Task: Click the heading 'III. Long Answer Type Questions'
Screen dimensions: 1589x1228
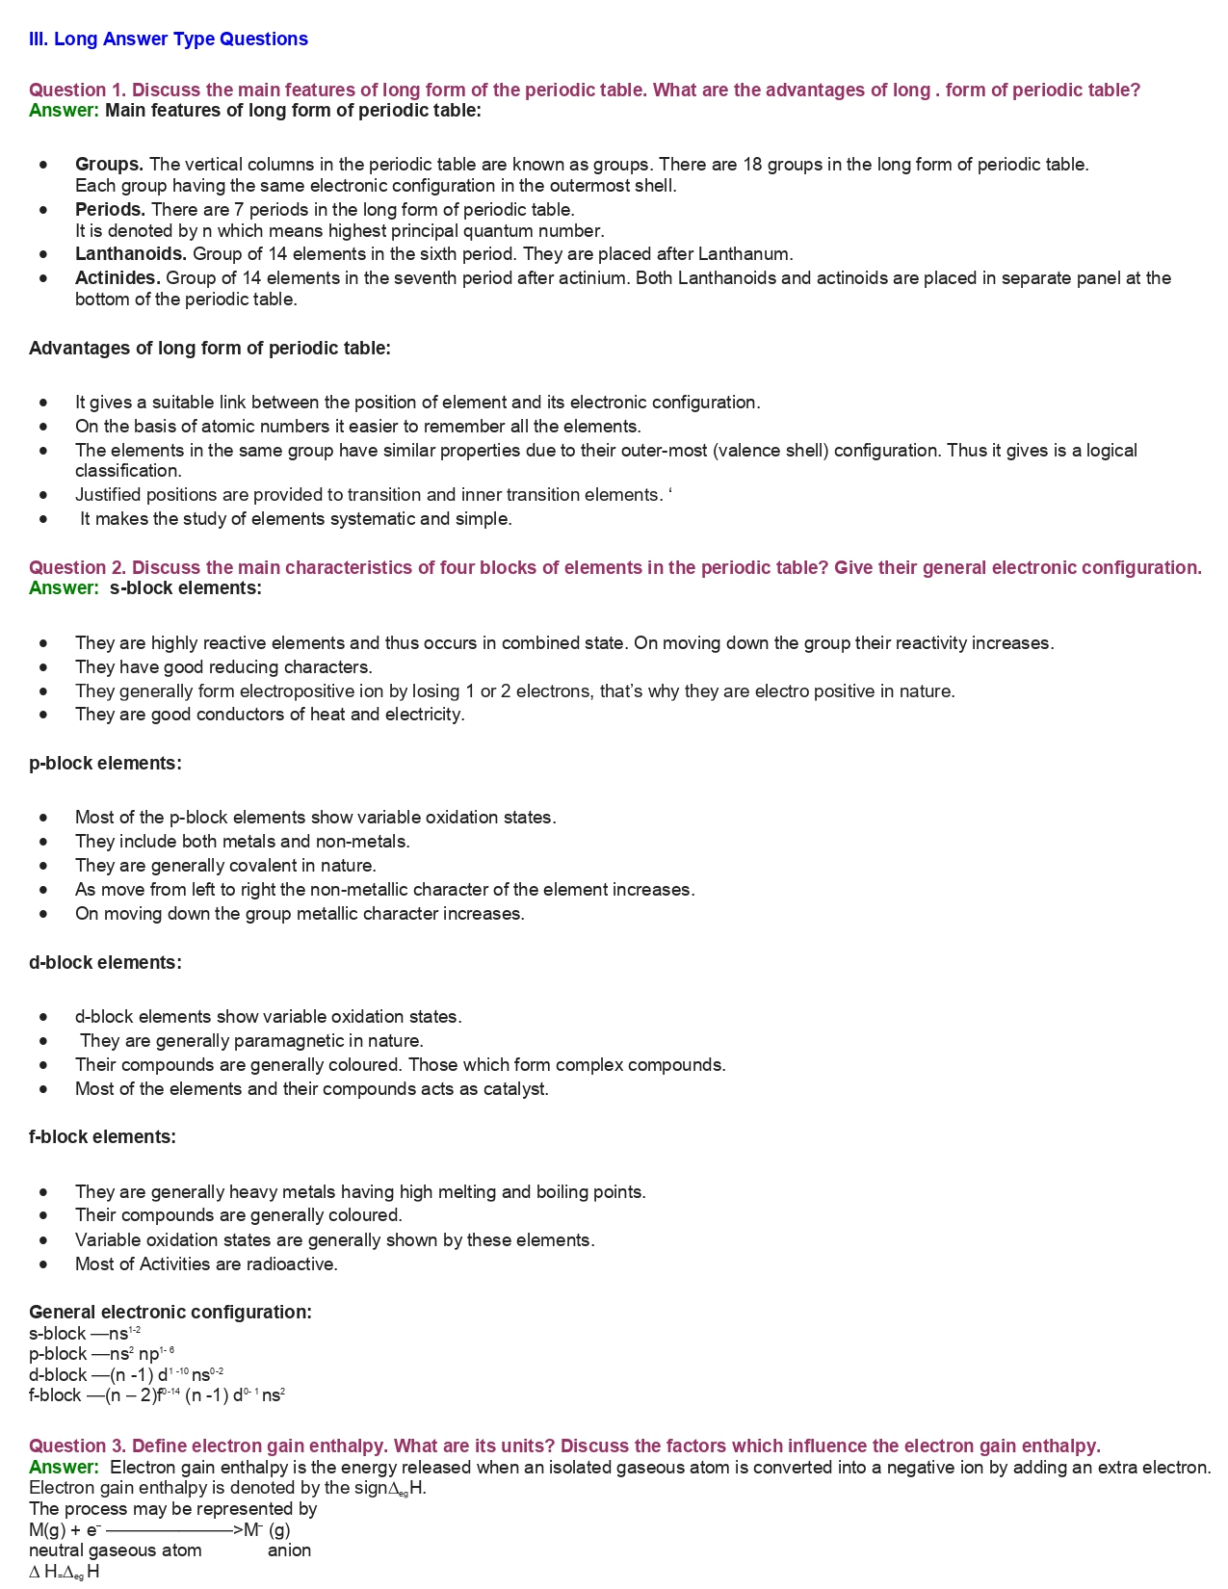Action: pyautogui.click(x=169, y=39)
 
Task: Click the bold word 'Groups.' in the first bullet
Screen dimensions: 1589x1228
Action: pyautogui.click(x=109, y=165)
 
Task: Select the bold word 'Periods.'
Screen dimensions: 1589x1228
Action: pyautogui.click(x=110, y=210)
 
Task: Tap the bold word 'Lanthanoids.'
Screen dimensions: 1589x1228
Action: pyautogui.click(x=131, y=254)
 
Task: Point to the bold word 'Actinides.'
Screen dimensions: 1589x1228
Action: pyautogui.click(x=118, y=278)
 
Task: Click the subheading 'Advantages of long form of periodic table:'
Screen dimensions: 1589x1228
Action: pyautogui.click(x=210, y=349)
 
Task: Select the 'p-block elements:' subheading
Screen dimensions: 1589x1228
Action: pyautogui.click(x=105, y=764)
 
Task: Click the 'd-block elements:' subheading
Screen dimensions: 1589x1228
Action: pyautogui.click(x=105, y=963)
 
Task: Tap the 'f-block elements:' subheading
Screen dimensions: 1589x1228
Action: pyautogui.click(x=102, y=1137)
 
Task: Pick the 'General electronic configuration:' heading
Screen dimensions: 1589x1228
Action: pyautogui.click(x=170, y=1313)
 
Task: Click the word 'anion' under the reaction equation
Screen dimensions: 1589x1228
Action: pyautogui.click(x=289, y=1550)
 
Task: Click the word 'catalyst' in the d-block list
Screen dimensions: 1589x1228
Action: pyautogui.click(x=517, y=1089)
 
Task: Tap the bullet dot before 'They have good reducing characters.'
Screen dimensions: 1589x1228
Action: pyautogui.click(x=43, y=666)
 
